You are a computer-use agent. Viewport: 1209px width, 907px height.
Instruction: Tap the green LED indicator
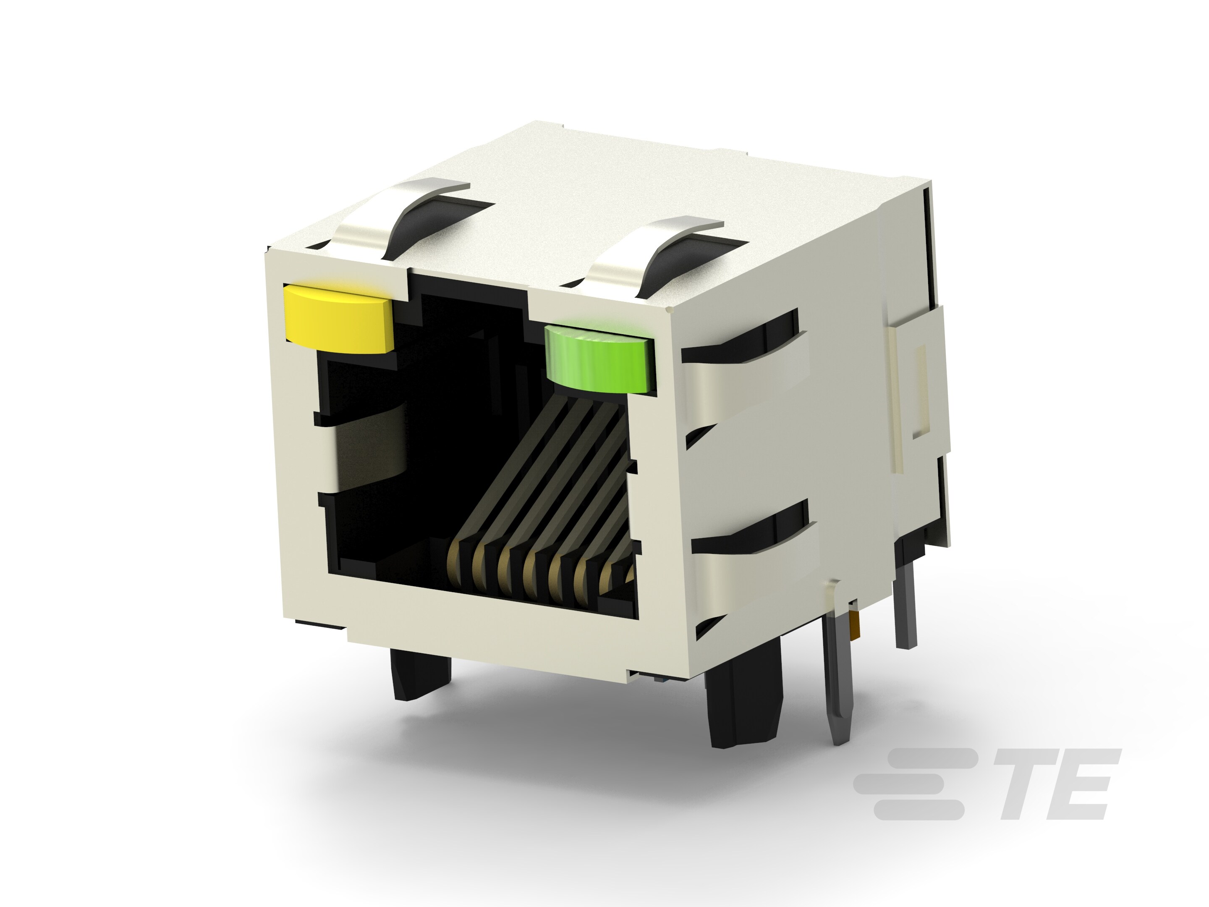pyautogui.click(x=599, y=358)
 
